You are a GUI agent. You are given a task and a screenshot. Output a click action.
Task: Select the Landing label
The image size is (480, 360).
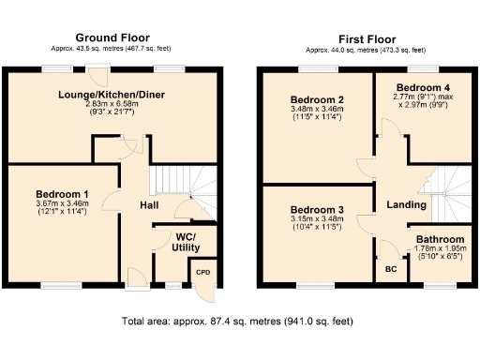[x=408, y=204]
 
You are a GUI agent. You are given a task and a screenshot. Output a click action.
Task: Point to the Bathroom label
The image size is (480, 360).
[x=440, y=239]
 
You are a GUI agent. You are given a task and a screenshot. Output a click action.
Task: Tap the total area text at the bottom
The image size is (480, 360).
[x=237, y=322]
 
